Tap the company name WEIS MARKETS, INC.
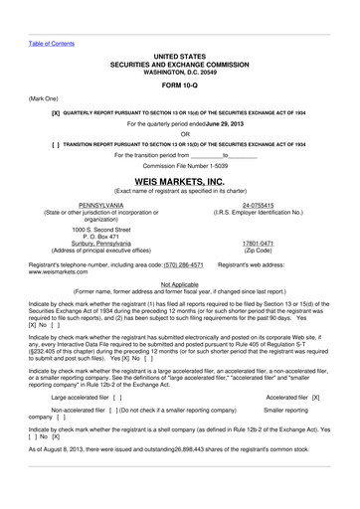[x=179, y=182]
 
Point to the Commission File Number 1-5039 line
[x=179, y=165]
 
